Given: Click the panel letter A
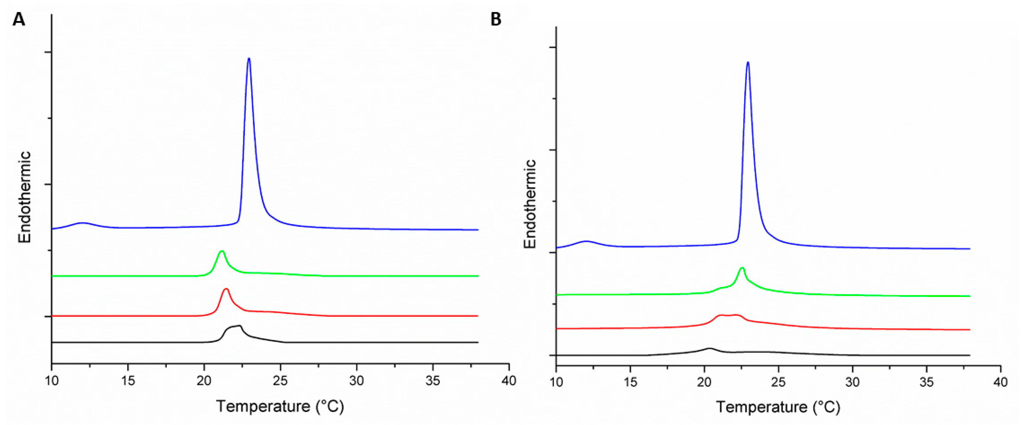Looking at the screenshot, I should [x=18, y=19].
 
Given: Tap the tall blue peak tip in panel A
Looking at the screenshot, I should [x=249, y=59].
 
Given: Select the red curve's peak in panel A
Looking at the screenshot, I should [x=226, y=289].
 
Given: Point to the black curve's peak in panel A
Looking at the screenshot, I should [x=239, y=326].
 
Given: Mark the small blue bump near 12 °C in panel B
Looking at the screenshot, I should [x=586, y=241].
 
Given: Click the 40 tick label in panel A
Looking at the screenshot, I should [x=509, y=381].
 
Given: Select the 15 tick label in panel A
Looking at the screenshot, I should [x=128, y=381].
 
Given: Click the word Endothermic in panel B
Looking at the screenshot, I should [x=530, y=204].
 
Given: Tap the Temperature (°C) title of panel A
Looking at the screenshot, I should [x=280, y=406].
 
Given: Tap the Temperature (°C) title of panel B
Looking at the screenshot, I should [x=778, y=407].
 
